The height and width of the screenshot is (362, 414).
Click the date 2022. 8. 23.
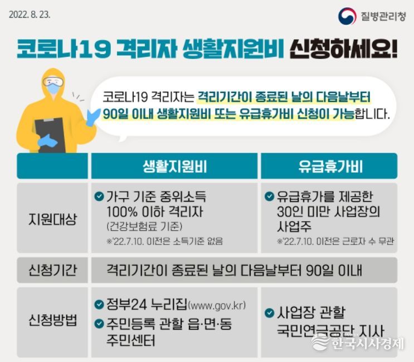pos(30,14)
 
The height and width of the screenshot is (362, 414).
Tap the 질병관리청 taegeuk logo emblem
pos(347,16)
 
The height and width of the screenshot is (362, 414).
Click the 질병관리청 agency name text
pos(383,16)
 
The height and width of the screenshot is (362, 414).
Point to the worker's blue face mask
pos(54,89)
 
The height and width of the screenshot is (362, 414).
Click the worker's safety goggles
pos(53,81)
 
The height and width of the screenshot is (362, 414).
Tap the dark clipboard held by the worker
pos(50,135)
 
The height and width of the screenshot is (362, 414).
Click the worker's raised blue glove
pos(94,117)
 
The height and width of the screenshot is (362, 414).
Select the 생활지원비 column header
pos(174,166)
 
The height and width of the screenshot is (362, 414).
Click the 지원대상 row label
pos(52,219)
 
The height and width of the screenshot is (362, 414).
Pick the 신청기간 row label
pos(52,270)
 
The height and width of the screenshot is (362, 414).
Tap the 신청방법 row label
pos(52,320)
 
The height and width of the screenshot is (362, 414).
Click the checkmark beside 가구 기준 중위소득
pos(99,196)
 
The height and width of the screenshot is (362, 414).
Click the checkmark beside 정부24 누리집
pos(99,305)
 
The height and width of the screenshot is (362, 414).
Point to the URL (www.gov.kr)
pos(217,306)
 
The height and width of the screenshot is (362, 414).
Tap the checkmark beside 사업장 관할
pos(269,312)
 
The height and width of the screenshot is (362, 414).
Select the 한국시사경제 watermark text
pos(367,343)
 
